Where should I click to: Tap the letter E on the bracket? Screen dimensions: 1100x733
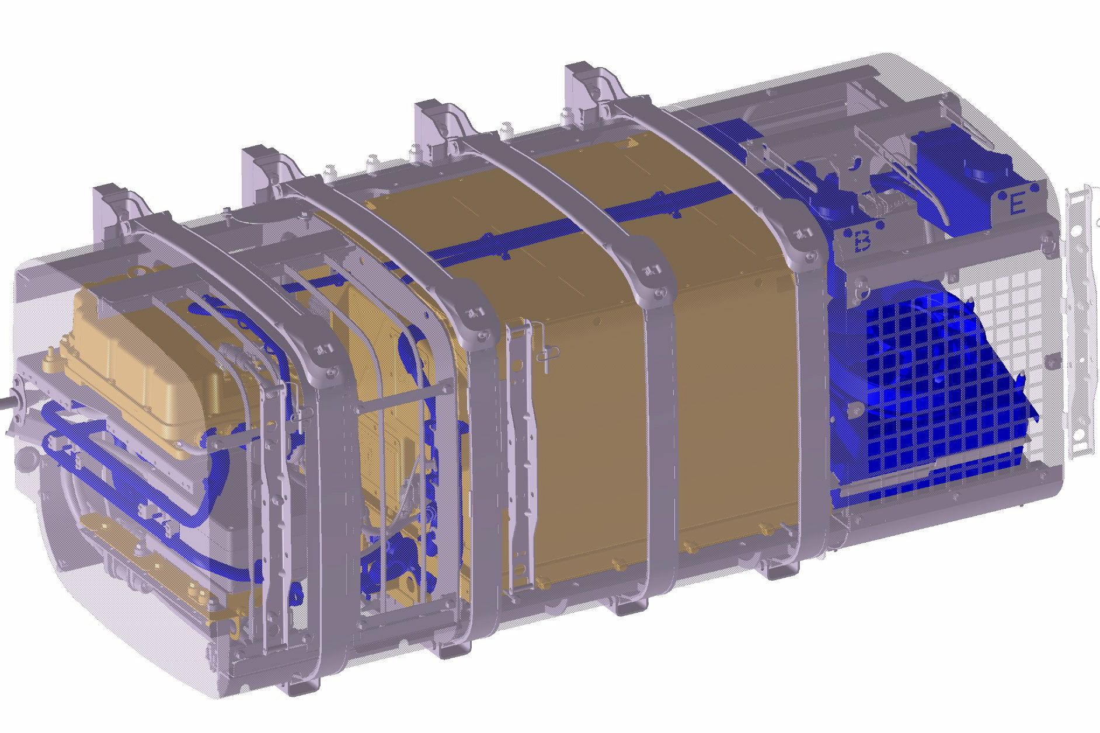[x=1017, y=204]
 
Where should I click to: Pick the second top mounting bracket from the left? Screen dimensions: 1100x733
[x=266, y=167]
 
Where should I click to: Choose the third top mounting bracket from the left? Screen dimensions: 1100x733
[x=438, y=122]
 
